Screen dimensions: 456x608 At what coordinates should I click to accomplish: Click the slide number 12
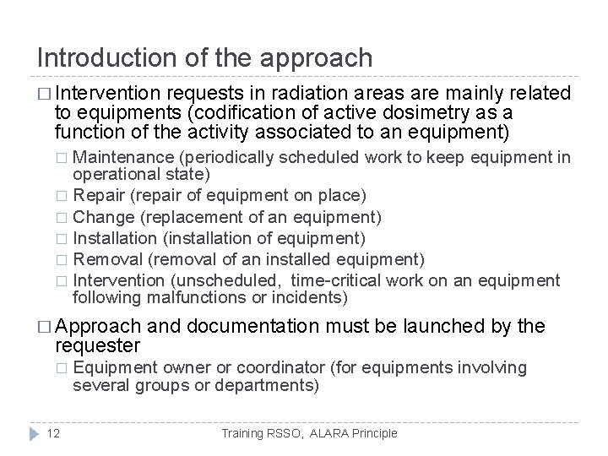52,433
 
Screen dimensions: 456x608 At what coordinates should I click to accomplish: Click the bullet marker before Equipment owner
61,368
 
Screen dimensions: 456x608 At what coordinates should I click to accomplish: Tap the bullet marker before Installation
61,238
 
